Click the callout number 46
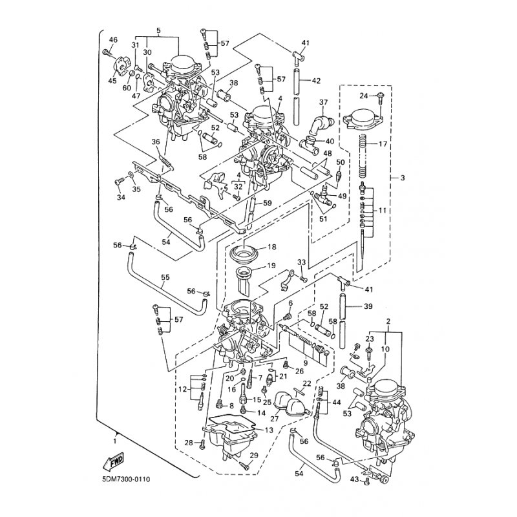click(113, 40)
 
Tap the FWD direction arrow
click(114, 461)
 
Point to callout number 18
click(271, 247)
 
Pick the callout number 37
click(323, 101)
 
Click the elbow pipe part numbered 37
click(319, 123)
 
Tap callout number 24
click(364, 96)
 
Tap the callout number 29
click(254, 456)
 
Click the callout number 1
click(114, 441)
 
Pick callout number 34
click(120, 197)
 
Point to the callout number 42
click(315, 81)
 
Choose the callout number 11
click(382, 211)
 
